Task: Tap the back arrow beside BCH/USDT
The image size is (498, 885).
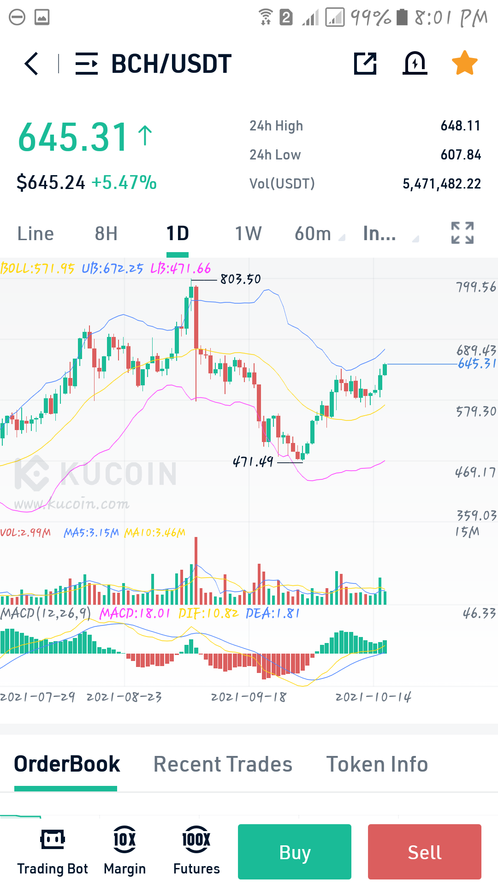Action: [x=31, y=64]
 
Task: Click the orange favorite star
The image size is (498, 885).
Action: [x=464, y=63]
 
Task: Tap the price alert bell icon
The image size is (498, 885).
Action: [x=415, y=63]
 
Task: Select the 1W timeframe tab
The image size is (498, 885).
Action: [x=248, y=234]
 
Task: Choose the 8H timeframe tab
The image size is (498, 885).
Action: [x=106, y=234]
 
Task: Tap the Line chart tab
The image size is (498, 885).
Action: [x=36, y=234]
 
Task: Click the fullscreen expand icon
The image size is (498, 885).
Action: [x=462, y=233]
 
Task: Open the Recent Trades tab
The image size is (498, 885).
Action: [x=223, y=764]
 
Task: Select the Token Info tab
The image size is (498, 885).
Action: [x=377, y=764]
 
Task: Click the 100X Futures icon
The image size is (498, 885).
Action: [x=196, y=839]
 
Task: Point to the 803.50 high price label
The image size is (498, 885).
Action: [x=240, y=279]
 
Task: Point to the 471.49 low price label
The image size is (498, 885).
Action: [x=253, y=461]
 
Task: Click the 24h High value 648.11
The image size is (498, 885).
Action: [x=461, y=126]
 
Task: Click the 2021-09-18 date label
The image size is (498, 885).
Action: [x=249, y=697]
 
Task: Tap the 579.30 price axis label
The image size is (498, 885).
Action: [x=476, y=411]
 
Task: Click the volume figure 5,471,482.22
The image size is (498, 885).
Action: [x=442, y=184]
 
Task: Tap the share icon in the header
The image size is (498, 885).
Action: [x=365, y=63]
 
